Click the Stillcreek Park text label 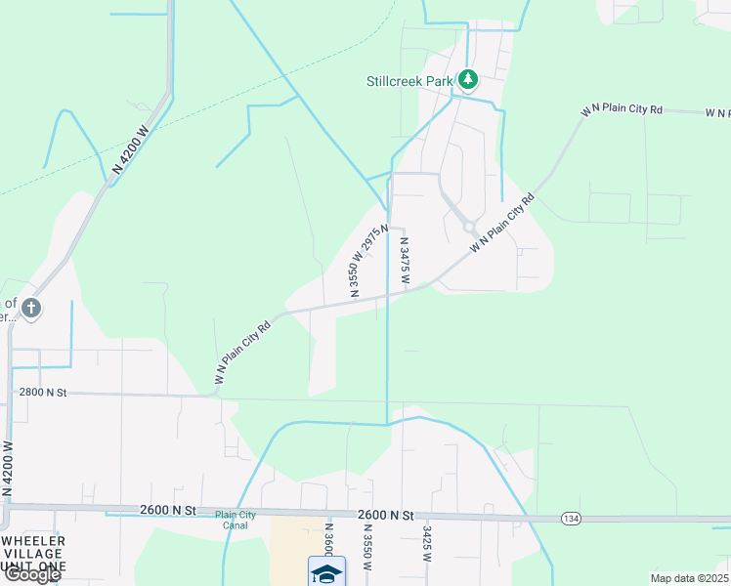[409, 81]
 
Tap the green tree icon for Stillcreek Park [468, 79]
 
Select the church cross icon [31, 308]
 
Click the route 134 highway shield [572, 517]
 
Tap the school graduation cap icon [326, 571]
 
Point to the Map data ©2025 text [689, 578]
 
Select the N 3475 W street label [403, 262]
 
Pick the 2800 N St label [42, 392]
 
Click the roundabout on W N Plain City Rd [469, 228]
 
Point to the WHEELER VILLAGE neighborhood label [33, 554]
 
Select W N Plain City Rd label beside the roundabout [502, 224]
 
